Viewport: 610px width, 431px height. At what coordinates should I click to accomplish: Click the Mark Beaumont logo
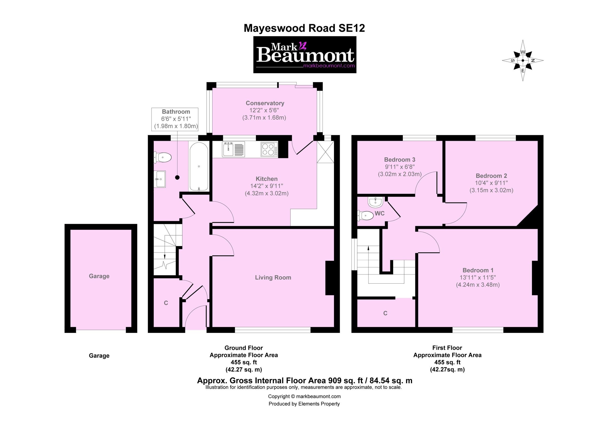pos(304,55)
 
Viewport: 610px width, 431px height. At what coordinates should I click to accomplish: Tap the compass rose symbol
pos(523,60)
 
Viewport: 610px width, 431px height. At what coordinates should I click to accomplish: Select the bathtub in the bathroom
pos(199,166)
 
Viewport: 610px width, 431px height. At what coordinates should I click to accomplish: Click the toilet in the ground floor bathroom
pos(162,158)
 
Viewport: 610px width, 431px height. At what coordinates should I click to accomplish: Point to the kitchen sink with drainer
pos(233,149)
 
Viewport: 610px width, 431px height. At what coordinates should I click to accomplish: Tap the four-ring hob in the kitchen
pos(268,149)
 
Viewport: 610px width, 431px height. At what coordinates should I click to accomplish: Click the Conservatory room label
pos(265,103)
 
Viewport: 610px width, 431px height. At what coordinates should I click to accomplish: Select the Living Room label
pos(273,278)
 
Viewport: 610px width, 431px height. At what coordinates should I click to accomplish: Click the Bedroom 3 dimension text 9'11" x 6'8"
pos(399,167)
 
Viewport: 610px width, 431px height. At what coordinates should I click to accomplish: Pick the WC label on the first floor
pos(380,213)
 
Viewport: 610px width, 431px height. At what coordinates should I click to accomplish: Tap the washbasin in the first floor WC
pos(375,202)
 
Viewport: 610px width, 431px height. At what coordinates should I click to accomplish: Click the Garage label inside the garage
pos(99,276)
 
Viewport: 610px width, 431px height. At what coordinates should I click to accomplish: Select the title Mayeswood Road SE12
pos(304,28)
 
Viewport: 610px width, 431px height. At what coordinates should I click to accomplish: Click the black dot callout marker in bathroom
pos(177,177)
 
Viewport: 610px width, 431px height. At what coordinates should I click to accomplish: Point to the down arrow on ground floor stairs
pos(165,256)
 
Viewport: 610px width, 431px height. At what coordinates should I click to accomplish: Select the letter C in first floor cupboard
pos(385,313)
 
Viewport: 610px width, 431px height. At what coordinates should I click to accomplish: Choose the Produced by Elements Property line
pos(304,404)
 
